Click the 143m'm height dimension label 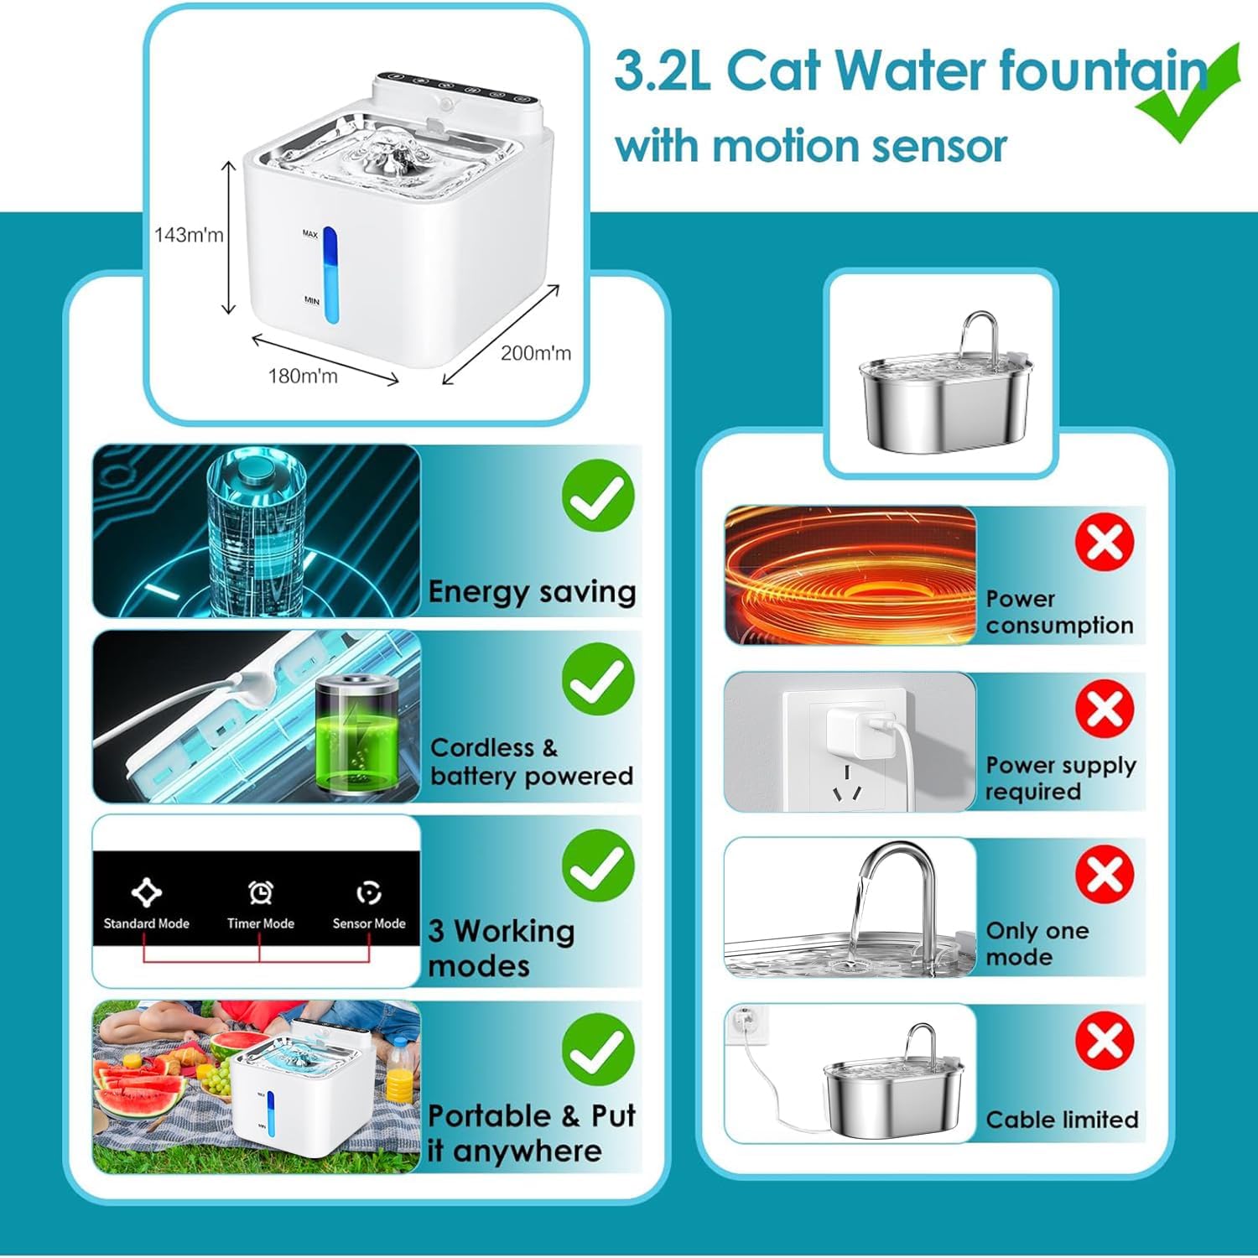click(189, 235)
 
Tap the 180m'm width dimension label click(303, 376)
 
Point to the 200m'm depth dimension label click(536, 353)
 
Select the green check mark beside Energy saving click(598, 495)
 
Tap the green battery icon click(356, 736)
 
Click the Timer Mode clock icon click(261, 892)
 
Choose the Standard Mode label click(147, 923)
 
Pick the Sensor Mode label click(369, 923)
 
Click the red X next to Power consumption click(1105, 543)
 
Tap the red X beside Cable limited click(1105, 1040)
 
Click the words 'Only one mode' click(1037, 943)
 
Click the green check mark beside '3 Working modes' click(598, 866)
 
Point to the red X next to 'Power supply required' click(1105, 709)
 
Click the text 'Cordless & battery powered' click(531, 762)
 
